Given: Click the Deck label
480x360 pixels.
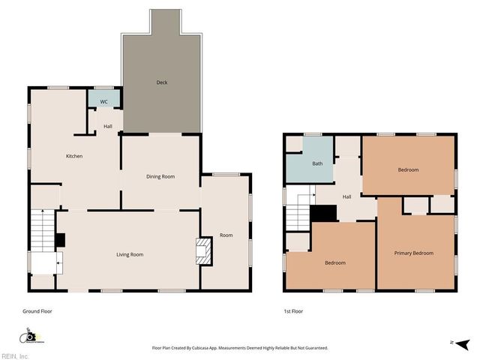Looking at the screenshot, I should pyautogui.click(x=161, y=82).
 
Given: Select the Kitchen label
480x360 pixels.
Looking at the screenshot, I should pyautogui.click(x=74, y=156).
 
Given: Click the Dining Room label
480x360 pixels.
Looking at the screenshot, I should pyautogui.click(x=160, y=176).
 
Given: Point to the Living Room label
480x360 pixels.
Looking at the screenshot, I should pyautogui.click(x=129, y=254).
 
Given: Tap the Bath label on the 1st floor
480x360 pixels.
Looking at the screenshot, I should pyautogui.click(x=317, y=163).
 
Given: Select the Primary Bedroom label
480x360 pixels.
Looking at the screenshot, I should pyautogui.click(x=414, y=253).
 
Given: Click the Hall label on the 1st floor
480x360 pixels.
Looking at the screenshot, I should pyautogui.click(x=347, y=197).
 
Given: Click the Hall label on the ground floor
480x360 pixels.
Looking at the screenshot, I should pyautogui.click(x=108, y=126).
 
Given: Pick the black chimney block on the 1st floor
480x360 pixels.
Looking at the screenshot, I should pyautogui.click(x=323, y=213).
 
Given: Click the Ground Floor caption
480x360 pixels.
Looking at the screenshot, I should pyautogui.click(x=37, y=310).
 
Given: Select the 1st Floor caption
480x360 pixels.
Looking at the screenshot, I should pyautogui.click(x=293, y=310).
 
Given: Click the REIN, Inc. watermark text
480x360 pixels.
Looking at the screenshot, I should pyautogui.click(x=15, y=355).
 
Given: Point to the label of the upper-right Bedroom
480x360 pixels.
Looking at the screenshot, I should pyautogui.click(x=408, y=170).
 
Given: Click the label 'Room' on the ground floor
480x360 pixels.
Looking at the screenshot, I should pyautogui.click(x=226, y=235).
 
